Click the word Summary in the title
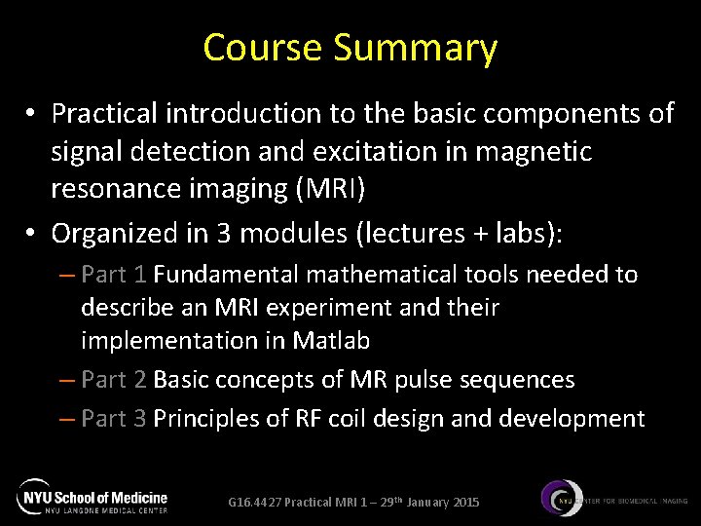click(415, 48)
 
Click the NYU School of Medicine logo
click(92, 498)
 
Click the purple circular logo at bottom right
click(563, 498)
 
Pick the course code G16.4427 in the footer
click(254, 503)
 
